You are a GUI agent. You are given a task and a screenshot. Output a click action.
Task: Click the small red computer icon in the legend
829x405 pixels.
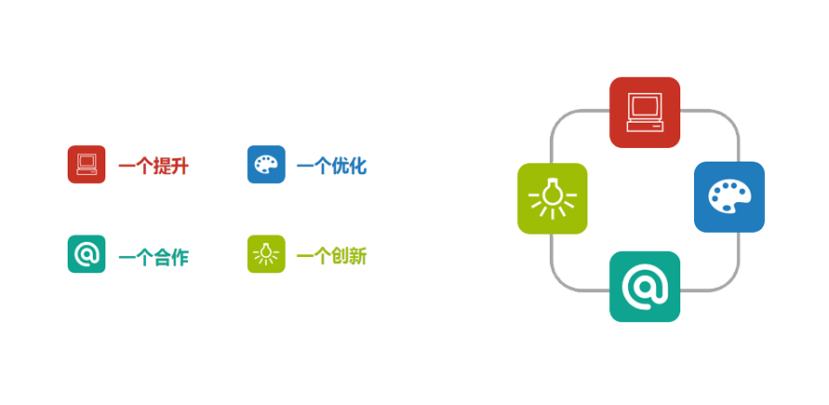point(87,165)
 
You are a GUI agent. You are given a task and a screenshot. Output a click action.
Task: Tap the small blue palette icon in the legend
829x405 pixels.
point(266,165)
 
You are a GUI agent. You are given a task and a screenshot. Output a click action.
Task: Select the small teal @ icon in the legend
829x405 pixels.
point(87,254)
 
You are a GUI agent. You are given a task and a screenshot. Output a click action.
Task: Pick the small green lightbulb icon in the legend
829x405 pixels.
point(266,254)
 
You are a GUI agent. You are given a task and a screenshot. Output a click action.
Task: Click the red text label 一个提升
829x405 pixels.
point(154,167)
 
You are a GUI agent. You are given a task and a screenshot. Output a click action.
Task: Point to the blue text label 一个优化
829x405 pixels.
point(331,167)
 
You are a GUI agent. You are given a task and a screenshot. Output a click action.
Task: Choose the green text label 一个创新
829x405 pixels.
point(331,256)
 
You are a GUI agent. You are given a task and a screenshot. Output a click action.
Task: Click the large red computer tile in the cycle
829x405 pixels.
point(645,112)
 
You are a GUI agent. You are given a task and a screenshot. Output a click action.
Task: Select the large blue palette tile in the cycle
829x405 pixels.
point(729,196)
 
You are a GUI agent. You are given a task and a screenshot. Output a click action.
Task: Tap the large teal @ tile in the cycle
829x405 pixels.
point(645,287)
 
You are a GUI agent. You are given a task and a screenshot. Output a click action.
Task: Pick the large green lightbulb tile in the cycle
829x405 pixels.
point(553,198)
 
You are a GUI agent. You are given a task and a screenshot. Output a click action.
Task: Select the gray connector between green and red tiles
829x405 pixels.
point(566,121)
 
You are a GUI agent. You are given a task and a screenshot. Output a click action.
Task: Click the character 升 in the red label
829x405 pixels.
point(181,167)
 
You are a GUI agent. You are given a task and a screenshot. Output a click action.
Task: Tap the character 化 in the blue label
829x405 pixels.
point(357,167)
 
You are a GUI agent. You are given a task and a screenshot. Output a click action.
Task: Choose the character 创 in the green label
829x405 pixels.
point(340,256)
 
